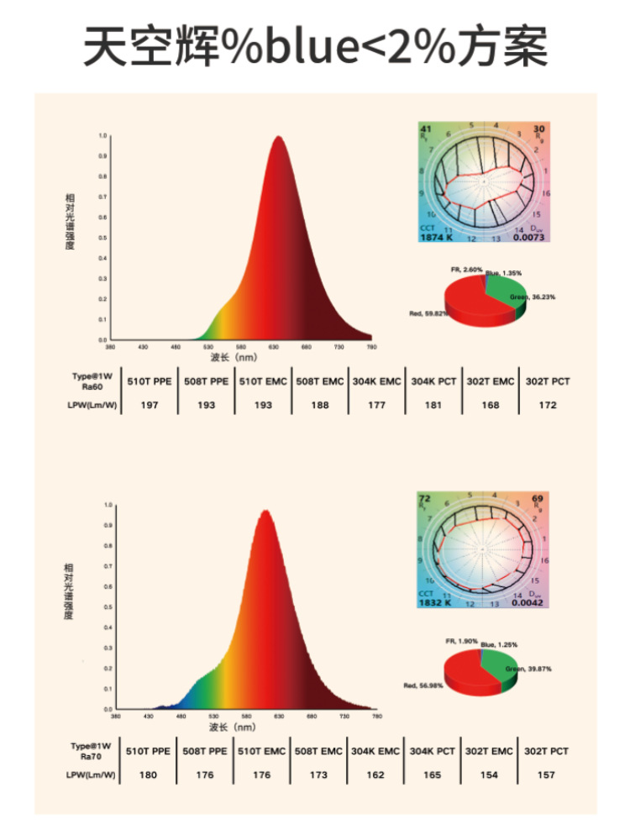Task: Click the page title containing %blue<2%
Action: tap(315, 46)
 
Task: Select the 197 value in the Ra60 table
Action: tap(150, 405)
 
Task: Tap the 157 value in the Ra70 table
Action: tap(547, 774)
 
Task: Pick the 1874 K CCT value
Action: tap(436, 238)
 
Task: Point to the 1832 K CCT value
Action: tap(436, 602)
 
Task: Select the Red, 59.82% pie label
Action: tap(427, 312)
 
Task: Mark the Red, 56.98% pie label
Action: tap(423, 685)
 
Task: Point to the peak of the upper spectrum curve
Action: tap(278, 137)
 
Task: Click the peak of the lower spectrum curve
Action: tap(265, 511)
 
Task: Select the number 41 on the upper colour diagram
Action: tap(426, 129)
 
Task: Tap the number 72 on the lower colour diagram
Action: tap(425, 499)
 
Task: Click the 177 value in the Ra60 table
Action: tap(376, 405)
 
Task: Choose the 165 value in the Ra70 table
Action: tap(433, 774)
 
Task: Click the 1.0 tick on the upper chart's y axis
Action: tap(102, 135)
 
